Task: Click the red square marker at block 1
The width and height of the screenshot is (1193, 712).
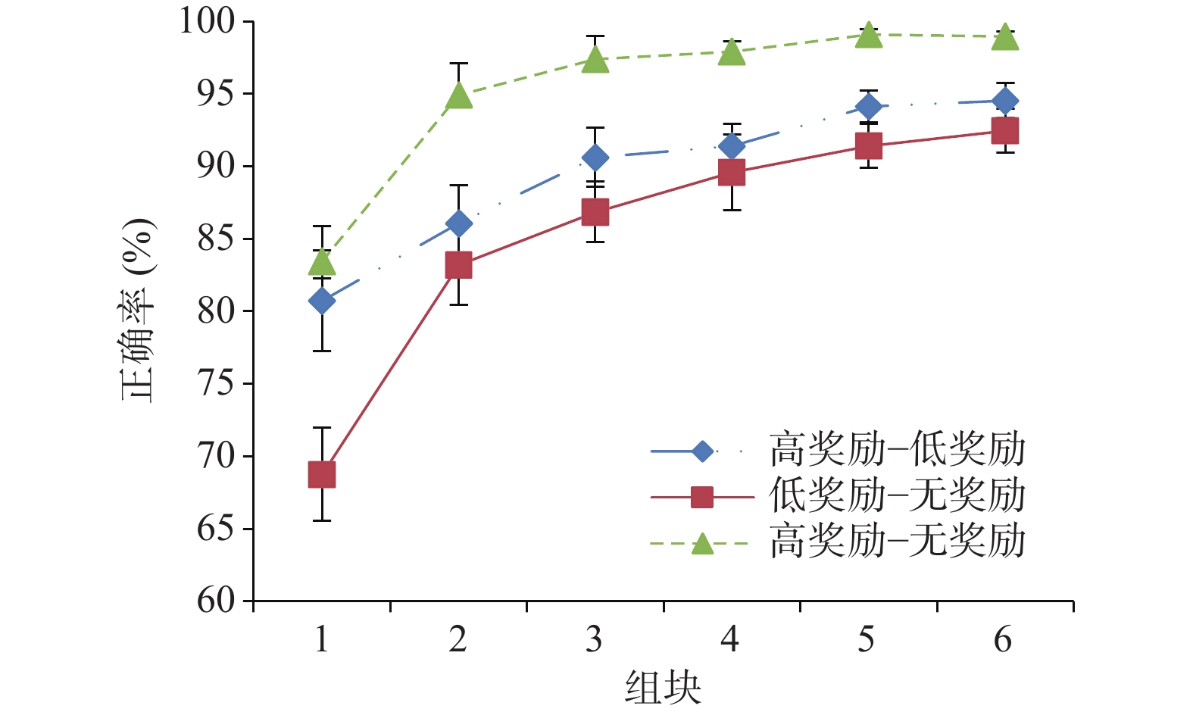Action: (322, 475)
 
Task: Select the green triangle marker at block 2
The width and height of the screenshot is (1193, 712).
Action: (459, 96)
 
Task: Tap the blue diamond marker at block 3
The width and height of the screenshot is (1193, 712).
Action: (595, 158)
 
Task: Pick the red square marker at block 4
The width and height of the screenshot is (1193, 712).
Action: (731, 173)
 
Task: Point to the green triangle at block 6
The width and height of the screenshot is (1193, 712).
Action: (1005, 37)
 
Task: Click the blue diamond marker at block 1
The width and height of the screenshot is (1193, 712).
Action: (322, 301)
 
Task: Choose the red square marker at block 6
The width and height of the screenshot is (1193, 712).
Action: (1005, 130)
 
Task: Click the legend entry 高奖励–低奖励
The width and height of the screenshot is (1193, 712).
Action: (898, 450)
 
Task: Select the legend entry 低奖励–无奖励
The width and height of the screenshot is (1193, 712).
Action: (898, 496)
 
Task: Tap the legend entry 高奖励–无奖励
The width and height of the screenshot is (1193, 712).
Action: (898, 542)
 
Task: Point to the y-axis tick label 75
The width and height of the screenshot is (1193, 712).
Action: (217, 383)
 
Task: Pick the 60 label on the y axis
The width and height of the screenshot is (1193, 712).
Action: (217, 601)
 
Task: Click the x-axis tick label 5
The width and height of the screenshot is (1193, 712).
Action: (867, 640)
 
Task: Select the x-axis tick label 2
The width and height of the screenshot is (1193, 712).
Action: (458, 640)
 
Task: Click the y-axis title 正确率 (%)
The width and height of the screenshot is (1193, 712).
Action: (139, 311)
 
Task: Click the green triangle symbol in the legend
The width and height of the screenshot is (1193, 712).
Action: (702, 544)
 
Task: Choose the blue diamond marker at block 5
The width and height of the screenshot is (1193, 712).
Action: (869, 107)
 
